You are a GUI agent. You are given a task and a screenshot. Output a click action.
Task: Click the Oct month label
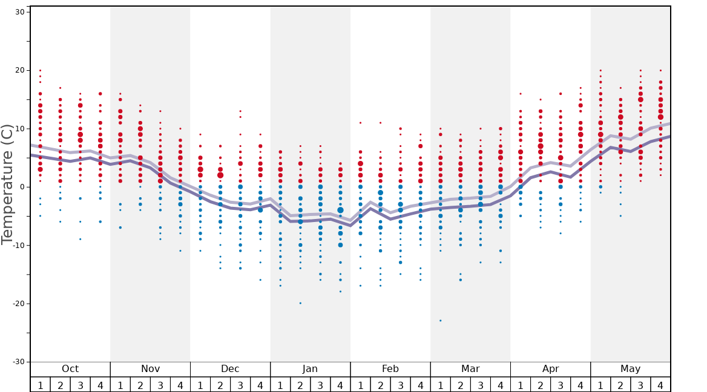coord(70,369)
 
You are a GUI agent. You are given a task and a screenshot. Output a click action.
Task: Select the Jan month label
coord(310,369)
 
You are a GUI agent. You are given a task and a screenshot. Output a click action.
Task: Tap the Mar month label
coord(470,369)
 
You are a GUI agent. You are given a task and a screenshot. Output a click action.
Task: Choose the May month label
coord(630,369)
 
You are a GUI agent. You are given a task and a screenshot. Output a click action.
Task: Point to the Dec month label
coord(230,369)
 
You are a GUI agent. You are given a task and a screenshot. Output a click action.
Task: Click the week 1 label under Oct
coord(40,385)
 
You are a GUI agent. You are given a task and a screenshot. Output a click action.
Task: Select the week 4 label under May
coord(660,385)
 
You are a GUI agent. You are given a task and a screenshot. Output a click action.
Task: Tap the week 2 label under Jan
coord(300,385)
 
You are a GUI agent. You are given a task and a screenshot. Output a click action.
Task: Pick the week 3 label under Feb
coord(400,385)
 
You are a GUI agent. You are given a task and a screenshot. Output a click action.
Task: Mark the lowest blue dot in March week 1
coord(440,321)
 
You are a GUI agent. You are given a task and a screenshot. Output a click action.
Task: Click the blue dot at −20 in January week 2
coord(300,303)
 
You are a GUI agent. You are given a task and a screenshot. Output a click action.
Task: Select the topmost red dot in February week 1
coord(360,123)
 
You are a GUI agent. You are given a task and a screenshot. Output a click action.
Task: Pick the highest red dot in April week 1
coord(520,94)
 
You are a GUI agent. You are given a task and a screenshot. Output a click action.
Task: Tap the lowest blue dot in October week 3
coord(80,239)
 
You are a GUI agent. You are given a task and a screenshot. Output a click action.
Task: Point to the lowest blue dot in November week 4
coord(180,250)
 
